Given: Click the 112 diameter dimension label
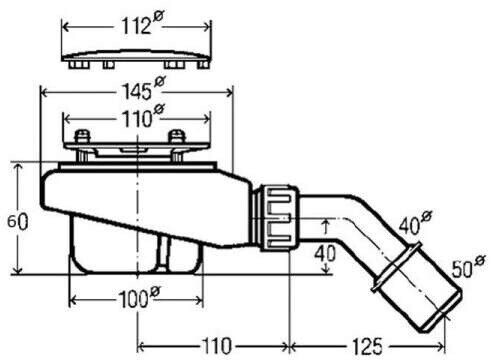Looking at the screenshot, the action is (142, 23).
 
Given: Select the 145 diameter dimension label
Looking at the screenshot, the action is (144, 89).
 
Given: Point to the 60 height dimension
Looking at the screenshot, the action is (18, 221).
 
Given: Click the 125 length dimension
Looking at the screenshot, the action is (368, 346).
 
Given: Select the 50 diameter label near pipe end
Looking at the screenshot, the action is (469, 266).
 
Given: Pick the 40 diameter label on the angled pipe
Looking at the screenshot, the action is (415, 222).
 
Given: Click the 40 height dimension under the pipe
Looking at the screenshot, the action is (325, 253).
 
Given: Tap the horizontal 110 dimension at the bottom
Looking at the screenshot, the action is (216, 346).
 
